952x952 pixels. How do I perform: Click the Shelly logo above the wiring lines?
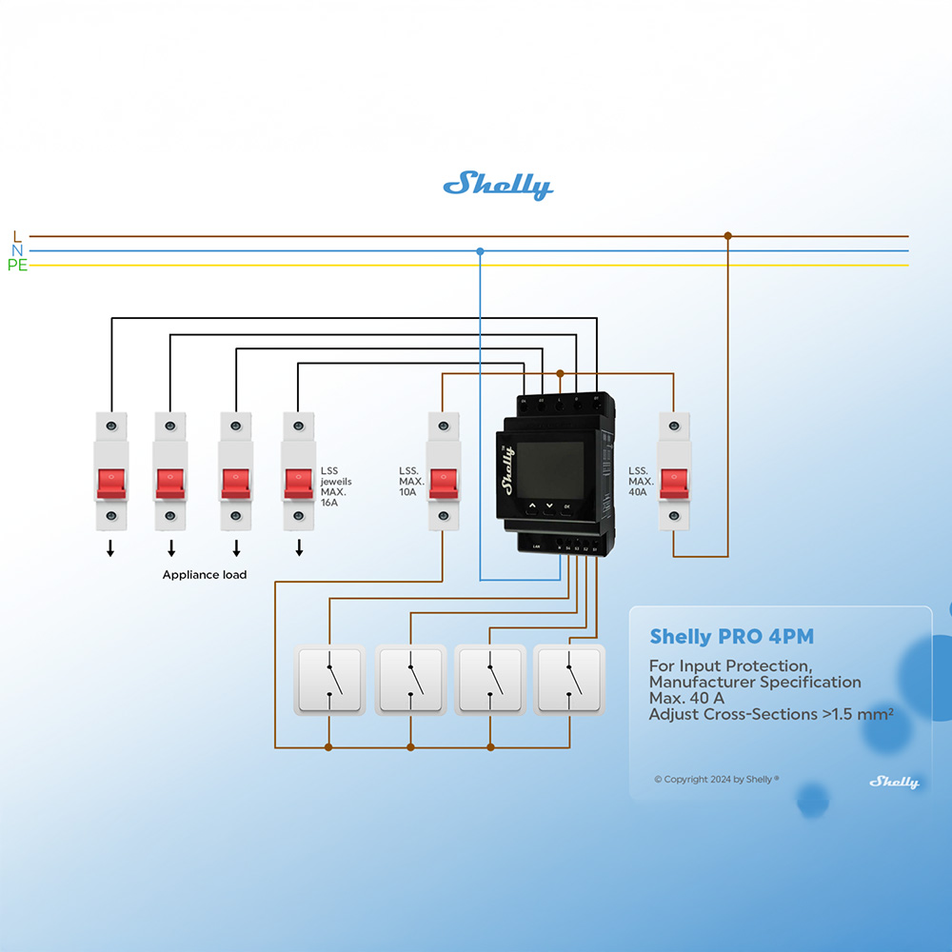pyautogui.click(x=498, y=185)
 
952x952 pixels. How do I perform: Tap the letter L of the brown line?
pyautogui.click(x=16, y=236)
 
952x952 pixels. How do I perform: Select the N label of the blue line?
pyautogui.click(x=17, y=250)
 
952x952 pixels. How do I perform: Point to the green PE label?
pyautogui.click(x=17, y=266)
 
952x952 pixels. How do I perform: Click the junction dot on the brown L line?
pyautogui.click(x=728, y=235)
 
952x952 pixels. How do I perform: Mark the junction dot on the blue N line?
pyautogui.click(x=480, y=251)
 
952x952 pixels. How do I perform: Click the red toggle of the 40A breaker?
pyautogui.click(x=674, y=483)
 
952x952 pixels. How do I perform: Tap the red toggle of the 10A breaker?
pyautogui.click(x=443, y=483)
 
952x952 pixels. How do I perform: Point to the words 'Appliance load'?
pyautogui.click(x=205, y=575)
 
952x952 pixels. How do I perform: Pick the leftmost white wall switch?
pyautogui.click(x=329, y=680)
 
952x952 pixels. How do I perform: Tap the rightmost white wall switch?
pyautogui.click(x=568, y=680)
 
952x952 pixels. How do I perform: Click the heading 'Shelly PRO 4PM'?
pyautogui.click(x=731, y=637)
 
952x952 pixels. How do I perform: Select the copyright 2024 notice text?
pyautogui.click(x=716, y=779)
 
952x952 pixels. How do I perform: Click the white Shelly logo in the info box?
pyautogui.click(x=893, y=782)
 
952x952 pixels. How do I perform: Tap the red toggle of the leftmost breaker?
pyautogui.click(x=110, y=483)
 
